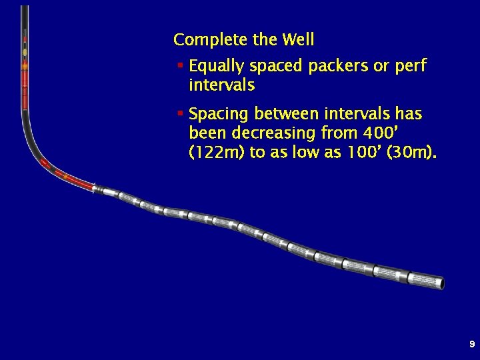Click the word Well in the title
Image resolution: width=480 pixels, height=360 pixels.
[298, 40]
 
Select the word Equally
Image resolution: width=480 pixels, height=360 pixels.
[219, 67]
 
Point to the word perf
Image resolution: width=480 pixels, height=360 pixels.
[410, 67]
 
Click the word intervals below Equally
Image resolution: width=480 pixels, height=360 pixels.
[221, 86]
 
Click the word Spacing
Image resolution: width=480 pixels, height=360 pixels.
[218, 115]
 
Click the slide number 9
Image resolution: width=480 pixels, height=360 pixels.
[472, 345]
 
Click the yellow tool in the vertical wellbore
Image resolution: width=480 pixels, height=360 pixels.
[25, 51]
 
